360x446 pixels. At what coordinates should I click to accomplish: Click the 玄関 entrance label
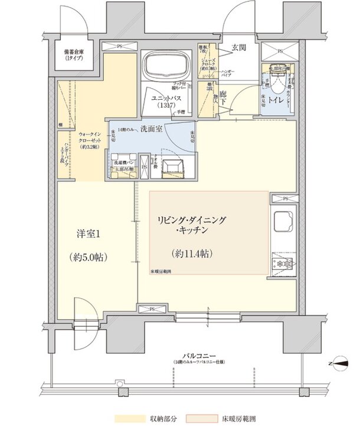click(x=238, y=47)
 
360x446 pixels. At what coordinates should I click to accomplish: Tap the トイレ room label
click(x=275, y=101)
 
